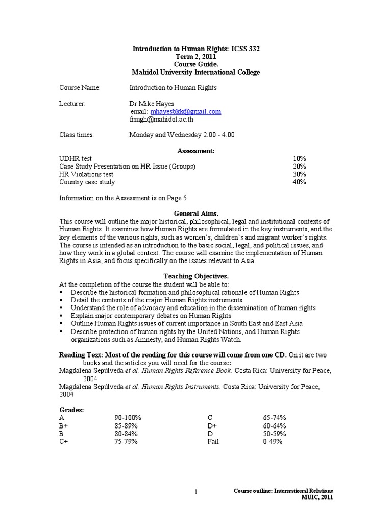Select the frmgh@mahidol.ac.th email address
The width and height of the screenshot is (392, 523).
[x=161, y=119]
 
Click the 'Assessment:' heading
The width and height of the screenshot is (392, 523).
[x=196, y=151]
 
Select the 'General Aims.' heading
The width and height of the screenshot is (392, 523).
[x=196, y=213]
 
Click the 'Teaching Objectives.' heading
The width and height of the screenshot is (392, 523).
[x=196, y=276]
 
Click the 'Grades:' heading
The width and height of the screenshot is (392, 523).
[x=72, y=410]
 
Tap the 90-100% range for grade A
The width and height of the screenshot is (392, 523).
[x=127, y=418]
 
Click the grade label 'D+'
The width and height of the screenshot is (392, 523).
[x=212, y=426]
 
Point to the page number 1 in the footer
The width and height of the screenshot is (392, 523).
[x=195, y=492]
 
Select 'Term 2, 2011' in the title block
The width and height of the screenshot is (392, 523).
[x=196, y=57]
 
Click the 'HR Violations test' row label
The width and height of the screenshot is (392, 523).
[x=86, y=174]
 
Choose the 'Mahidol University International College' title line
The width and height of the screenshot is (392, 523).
[x=196, y=72]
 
